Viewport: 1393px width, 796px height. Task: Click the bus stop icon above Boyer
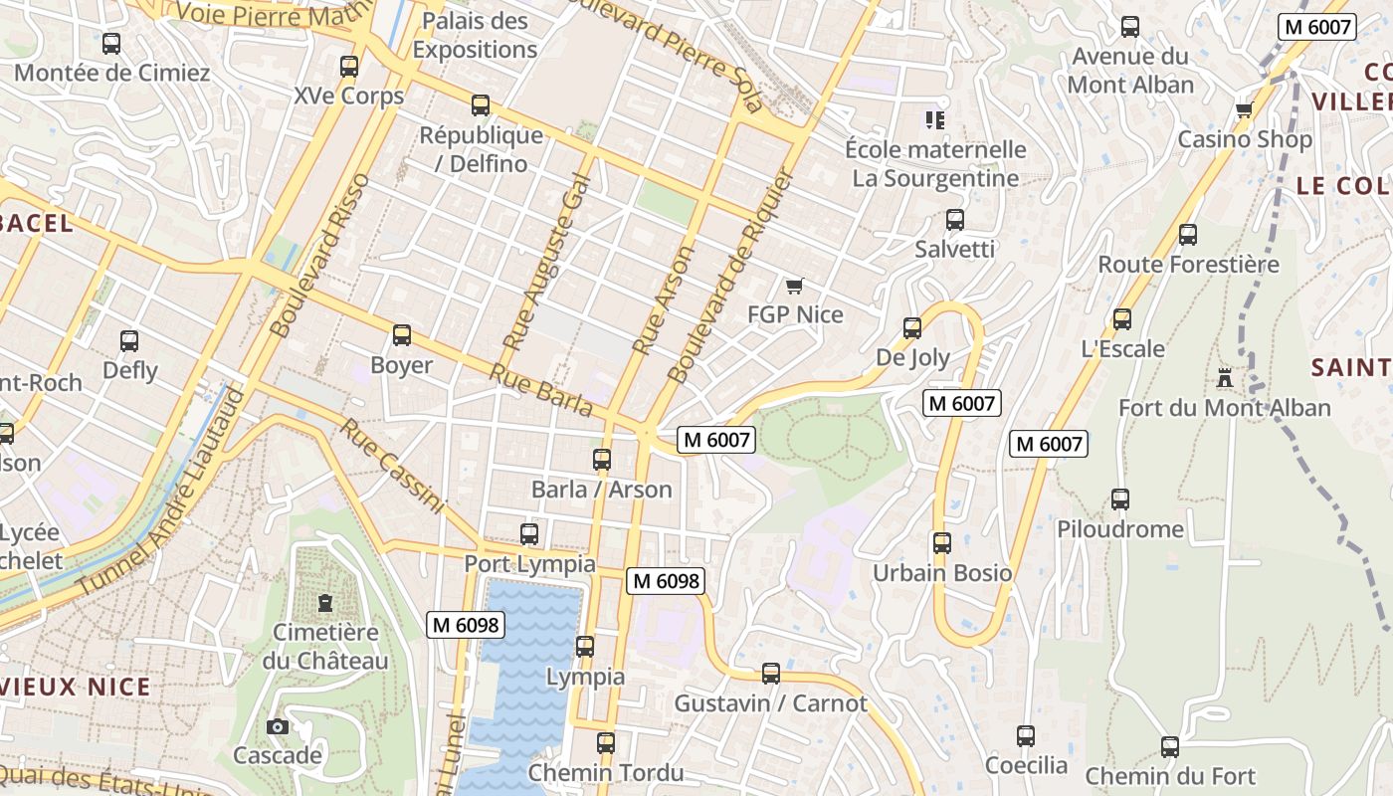402,335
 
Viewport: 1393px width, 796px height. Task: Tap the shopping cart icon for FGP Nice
794,287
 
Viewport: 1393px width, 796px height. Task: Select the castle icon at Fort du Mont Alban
1224,378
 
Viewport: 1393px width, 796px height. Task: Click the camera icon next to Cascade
278,726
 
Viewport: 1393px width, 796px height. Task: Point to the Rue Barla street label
541,390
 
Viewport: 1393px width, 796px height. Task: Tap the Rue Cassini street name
391,466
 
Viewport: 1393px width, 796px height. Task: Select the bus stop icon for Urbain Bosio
941,543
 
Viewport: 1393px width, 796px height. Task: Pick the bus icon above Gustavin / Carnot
770,674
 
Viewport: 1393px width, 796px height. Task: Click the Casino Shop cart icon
1244,109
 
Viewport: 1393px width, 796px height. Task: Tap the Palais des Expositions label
475,35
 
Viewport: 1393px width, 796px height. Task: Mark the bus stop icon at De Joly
911,327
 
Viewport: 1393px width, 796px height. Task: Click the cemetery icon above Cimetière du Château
324,602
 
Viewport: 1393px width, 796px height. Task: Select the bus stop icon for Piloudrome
1120,499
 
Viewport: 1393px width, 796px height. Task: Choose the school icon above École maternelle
934,120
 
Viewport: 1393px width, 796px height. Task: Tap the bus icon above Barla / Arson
601,460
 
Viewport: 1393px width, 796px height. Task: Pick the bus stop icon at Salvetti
954,220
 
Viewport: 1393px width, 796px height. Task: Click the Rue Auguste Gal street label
546,263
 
